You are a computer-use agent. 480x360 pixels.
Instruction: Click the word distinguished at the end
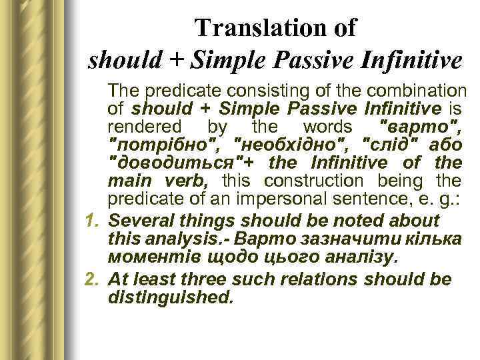click(171, 298)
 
